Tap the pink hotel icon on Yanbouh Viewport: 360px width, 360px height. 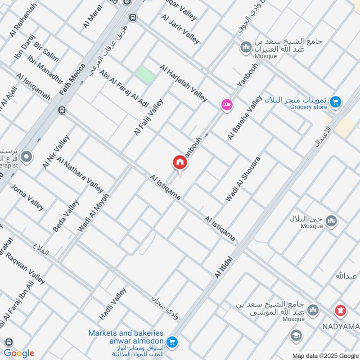(x=226, y=105)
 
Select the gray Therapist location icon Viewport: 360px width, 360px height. (x=27, y=157)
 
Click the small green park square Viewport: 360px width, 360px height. (x=145, y=75)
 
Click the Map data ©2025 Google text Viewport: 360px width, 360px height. (x=324, y=355)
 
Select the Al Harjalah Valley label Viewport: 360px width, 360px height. (x=184, y=83)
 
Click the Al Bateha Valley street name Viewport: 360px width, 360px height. (x=245, y=117)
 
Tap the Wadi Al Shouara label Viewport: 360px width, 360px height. (x=243, y=179)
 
